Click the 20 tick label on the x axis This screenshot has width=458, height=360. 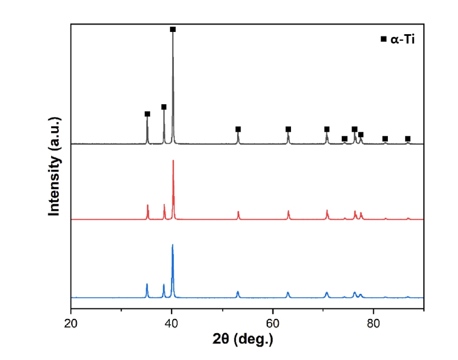(71, 323)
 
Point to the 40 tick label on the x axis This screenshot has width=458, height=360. (172, 323)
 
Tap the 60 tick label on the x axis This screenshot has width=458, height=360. (273, 323)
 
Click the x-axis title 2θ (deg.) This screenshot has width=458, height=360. (247, 340)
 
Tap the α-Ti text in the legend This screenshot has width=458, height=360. (403, 39)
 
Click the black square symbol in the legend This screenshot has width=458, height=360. (383, 39)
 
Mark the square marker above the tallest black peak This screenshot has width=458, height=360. (173, 29)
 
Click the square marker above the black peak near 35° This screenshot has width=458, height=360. (147, 114)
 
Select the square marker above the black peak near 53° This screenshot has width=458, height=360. (238, 129)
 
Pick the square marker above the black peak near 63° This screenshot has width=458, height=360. (288, 129)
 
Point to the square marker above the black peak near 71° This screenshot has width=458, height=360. (327, 129)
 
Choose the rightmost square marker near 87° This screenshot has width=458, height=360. (408, 139)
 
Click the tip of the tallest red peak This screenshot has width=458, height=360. (173, 161)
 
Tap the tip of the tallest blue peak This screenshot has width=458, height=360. (173, 245)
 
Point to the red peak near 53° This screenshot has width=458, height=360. (238, 212)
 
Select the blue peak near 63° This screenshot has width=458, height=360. (288, 293)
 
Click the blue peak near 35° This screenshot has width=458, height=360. (147, 284)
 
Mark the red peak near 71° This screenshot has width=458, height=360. (327, 211)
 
